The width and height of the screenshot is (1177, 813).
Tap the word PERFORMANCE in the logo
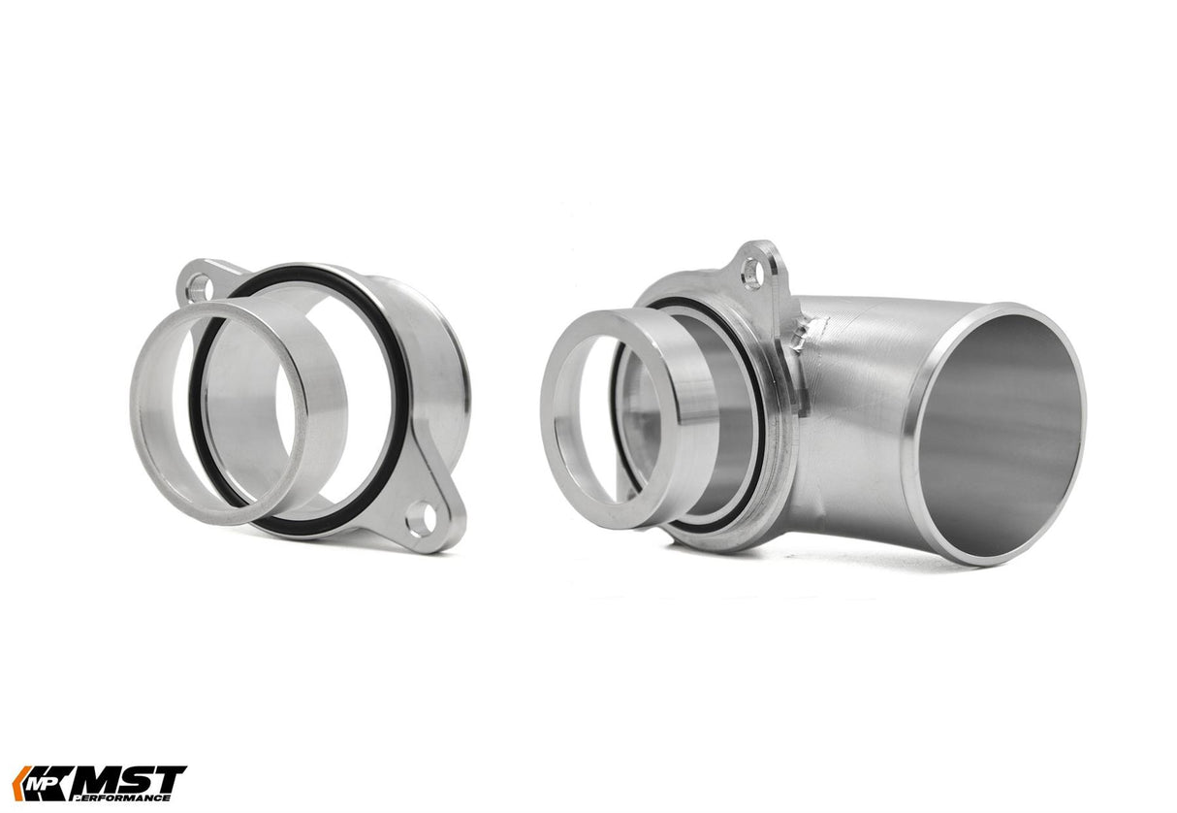(132, 797)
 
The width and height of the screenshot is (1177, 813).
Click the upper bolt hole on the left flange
(199, 286)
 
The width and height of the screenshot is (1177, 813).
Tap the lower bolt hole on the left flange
(420, 519)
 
